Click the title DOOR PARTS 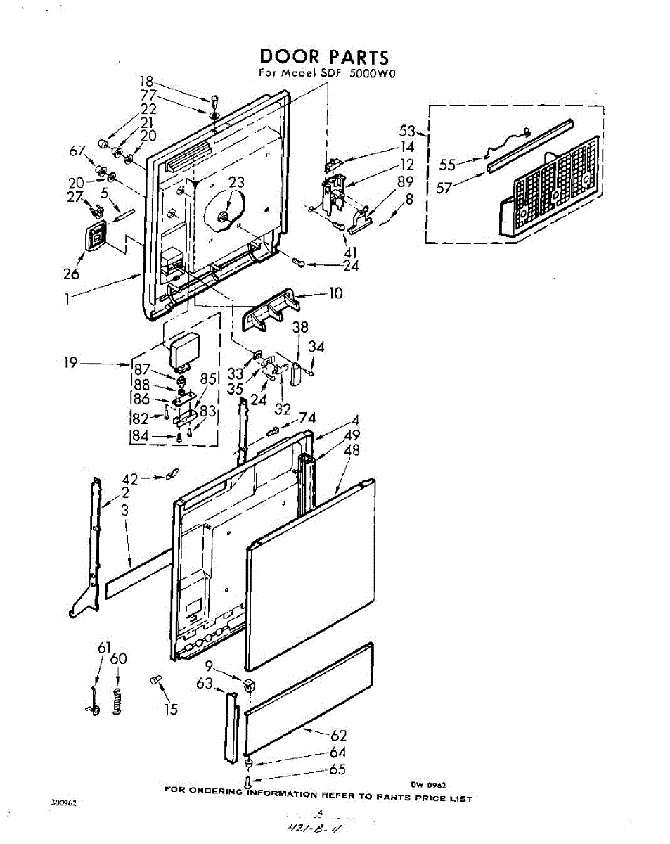coord(323,57)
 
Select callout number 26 coord(71,274)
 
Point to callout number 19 coord(71,364)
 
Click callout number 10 coord(335,293)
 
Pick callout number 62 coord(338,736)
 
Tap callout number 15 coord(171,709)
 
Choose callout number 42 coord(130,478)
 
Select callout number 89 coord(404,181)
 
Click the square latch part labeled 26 coord(96,235)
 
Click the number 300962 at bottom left coord(63,803)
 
